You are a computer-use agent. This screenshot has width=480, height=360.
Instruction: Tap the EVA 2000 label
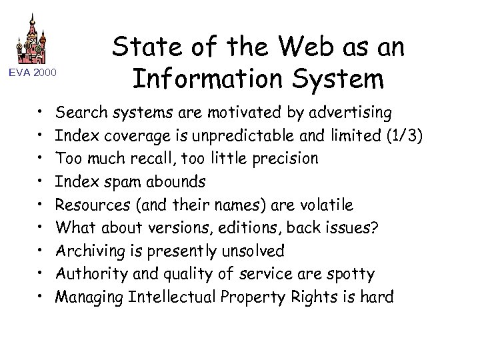(33, 72)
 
